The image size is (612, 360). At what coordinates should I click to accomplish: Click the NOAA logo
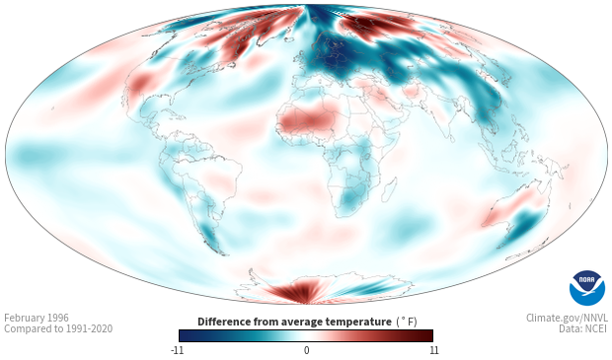pos(587,288)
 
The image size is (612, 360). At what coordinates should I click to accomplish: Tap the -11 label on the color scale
pos(177,350)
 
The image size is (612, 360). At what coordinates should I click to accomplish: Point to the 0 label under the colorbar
pos(306,350)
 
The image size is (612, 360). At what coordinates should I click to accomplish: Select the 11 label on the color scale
pos(434,350)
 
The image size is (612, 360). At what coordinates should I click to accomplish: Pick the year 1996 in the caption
pos(58,318)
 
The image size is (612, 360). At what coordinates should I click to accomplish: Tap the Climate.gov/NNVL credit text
pos(567,318)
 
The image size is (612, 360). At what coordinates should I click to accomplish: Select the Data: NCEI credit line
pos(583,328)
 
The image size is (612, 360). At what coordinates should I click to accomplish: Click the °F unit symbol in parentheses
pos(407,322)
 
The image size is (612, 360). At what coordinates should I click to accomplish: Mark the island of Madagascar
pos(390,188)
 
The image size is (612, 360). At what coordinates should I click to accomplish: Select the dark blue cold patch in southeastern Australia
pos(523,225)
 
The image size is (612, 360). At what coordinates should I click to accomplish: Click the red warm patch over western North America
pos(140,82)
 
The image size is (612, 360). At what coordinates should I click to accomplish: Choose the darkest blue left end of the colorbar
pos(184,335)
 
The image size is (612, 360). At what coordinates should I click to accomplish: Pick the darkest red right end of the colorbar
pos(427,335)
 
